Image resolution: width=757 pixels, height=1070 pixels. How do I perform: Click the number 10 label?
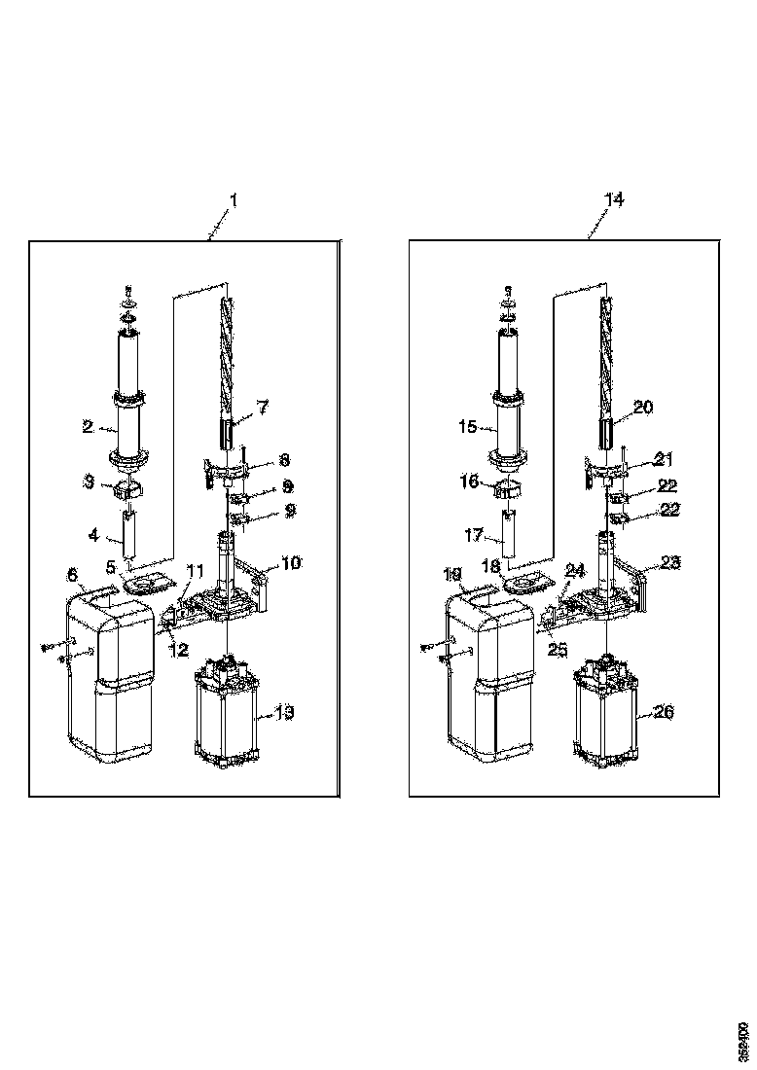[291, 562]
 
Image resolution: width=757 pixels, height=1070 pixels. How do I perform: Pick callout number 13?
[283, 713]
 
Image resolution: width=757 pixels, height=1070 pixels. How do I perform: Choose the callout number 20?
[643, 408]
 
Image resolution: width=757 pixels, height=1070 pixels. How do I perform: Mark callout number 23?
[670, 561]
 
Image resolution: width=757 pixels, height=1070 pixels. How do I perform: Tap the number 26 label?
[663, 712]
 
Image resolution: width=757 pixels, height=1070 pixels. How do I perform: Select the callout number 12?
[177, 650]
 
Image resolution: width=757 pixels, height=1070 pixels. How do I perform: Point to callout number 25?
[557, 650]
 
